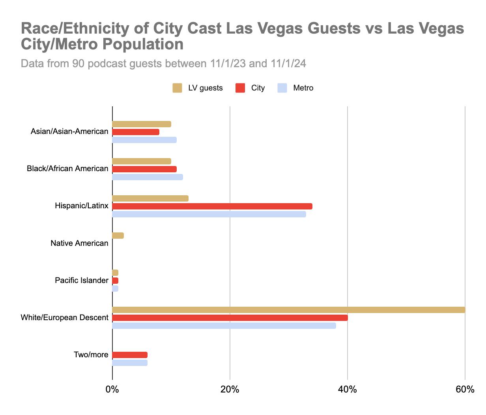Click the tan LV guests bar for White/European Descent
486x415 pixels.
pos(288,310)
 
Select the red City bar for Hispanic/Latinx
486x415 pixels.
pos(212,206)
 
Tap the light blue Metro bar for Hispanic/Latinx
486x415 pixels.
pos(209,214)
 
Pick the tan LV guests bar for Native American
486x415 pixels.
pos(118,236)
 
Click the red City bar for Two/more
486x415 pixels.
pos(130,355)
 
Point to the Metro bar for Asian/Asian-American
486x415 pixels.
pos(144,140)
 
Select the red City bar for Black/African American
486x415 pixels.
pos(144,169)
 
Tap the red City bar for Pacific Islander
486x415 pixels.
pos(115,281)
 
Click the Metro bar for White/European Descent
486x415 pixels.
pos(224,326)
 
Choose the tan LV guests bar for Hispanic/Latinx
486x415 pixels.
pos(150,198)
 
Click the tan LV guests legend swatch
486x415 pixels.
pos(177,88)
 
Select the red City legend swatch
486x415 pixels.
pos(240,88)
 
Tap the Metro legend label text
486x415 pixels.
pos(303,88)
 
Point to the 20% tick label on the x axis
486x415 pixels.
pos(230,390)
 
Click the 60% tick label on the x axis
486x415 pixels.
pos(465,390)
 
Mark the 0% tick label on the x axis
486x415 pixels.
pos(112,390)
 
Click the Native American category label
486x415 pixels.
pos(79,243)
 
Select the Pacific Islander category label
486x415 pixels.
pos(81,281)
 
